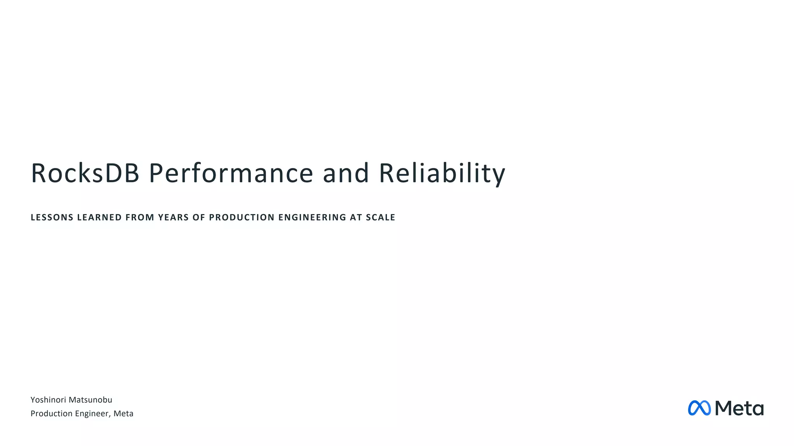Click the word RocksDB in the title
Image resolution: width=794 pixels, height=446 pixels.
(x=85, y=173)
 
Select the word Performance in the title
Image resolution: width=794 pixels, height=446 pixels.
(x=231, y=173)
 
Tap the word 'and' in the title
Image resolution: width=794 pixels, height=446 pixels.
(x=346, y=173)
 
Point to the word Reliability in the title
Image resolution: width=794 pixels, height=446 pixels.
(x=442, y=173)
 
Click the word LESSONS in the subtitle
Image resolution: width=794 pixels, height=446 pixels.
(x=52, y=218)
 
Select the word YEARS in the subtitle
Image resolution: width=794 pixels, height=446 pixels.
(x=173, y=218)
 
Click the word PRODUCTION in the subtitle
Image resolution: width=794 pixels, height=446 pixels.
(x=241, y=218)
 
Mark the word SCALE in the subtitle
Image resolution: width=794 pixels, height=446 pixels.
(x=380, y=218)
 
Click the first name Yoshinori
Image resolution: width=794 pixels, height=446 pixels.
(x=48, y=400)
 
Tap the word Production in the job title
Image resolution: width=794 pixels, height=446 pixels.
(x=51, y=413)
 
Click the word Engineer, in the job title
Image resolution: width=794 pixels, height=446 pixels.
(x=93, y=413)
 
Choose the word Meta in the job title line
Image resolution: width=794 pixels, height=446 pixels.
(x=123, y=413)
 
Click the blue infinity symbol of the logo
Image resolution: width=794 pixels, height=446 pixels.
(x=699, y=408)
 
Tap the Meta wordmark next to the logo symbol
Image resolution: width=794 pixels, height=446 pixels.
(x=739, y=408)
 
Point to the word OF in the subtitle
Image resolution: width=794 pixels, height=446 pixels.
(x=198, y=218)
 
